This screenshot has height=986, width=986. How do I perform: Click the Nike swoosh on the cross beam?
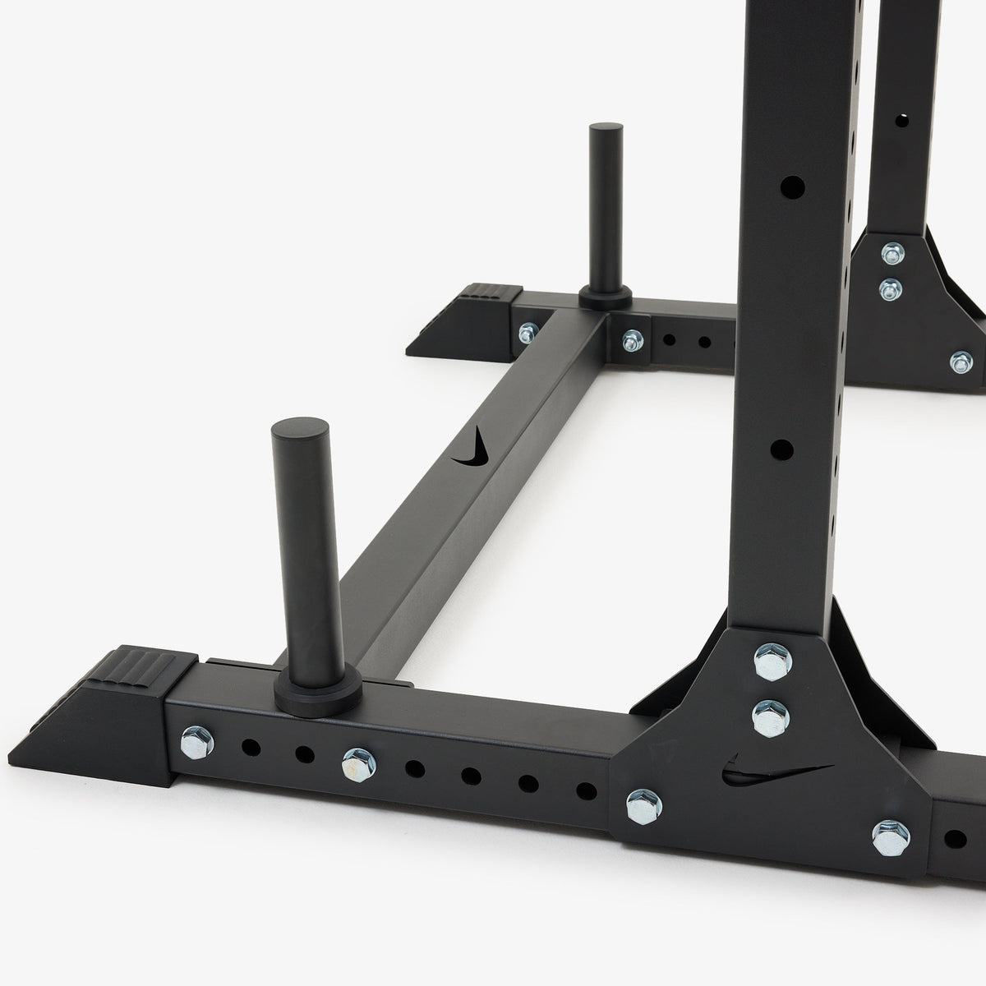474,449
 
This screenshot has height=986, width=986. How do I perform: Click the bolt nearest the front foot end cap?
196,740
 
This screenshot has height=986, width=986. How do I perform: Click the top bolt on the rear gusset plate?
891,253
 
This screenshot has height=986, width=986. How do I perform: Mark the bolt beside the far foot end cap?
527,333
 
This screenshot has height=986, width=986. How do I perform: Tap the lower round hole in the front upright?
783,450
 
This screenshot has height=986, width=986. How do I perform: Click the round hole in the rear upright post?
902,118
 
